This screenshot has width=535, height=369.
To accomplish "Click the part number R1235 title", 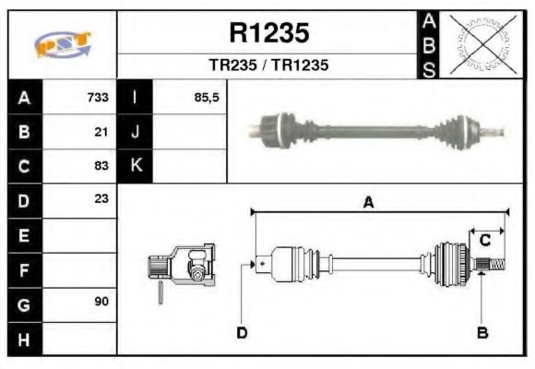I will (268, 34).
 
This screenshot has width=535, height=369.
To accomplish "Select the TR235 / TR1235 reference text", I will (268, 66).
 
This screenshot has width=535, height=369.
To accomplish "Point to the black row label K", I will (136, 166).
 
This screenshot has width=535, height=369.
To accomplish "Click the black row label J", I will (136, 132).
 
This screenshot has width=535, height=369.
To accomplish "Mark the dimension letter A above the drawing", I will (368, 203).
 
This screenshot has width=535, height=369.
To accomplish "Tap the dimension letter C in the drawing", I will (484, 241).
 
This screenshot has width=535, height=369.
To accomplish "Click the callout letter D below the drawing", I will (242, 332).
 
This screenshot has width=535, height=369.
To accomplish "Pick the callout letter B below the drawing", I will (481, 332).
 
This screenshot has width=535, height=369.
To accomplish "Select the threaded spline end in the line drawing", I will (493, 267).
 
